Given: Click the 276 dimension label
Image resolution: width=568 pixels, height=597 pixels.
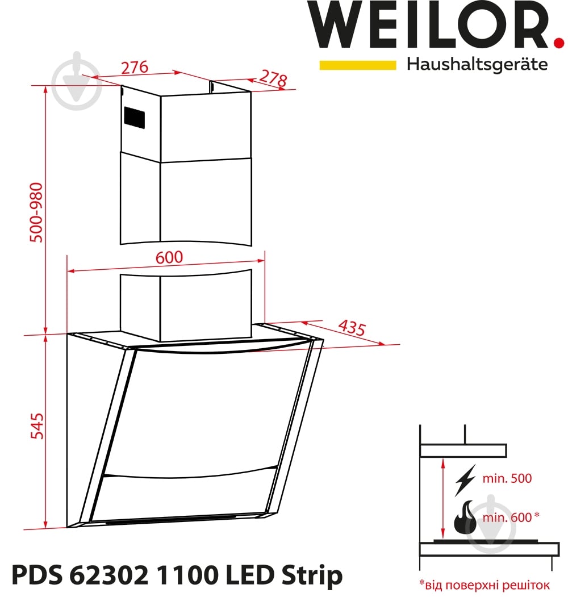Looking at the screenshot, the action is [x=135, y=68].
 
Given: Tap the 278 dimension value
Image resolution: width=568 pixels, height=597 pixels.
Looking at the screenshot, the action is [x=273, y=78].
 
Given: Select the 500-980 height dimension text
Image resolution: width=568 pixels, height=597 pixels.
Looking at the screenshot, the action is [x=36, y=212].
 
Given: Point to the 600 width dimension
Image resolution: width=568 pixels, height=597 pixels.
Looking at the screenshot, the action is [x=169, y=257].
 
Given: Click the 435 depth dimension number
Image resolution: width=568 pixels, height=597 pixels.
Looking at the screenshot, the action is [x=352, y=328].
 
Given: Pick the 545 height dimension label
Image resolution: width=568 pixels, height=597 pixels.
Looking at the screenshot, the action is [x=37, y=426].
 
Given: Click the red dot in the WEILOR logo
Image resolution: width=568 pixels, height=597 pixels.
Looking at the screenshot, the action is [x=559, y=42].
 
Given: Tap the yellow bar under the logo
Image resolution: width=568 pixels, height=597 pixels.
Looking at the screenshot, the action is [x=357, y=65].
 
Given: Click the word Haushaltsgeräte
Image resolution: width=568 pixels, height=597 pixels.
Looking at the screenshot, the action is [x=477, y=64].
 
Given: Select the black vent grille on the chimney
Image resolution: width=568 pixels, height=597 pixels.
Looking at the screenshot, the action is [x=134, y=117].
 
